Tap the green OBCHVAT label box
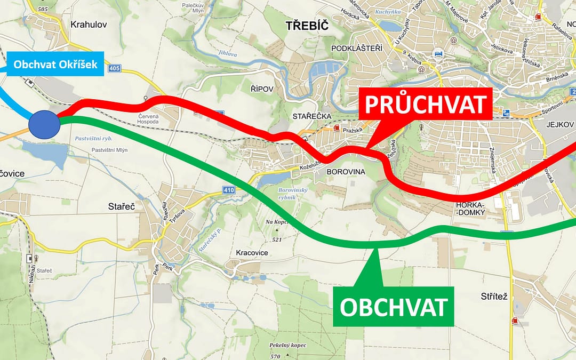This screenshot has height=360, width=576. click(394, 307)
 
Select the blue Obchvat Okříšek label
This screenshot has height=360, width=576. click(55, 65)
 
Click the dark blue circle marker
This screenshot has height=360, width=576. click(44, 125)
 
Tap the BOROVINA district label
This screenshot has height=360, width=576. click(345, 172)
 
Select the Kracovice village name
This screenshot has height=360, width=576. click(252, 252)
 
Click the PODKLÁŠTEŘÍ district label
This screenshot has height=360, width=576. click(357, 49)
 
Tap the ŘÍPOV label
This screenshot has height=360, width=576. click(261, 88)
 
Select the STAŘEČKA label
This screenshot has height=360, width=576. click(312, 116)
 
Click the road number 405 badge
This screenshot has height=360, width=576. click(113, 68)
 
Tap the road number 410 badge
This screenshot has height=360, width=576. click(229, 190)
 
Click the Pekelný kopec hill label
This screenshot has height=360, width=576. click(287, 346)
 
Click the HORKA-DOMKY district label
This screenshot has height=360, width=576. click(470, 209)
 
